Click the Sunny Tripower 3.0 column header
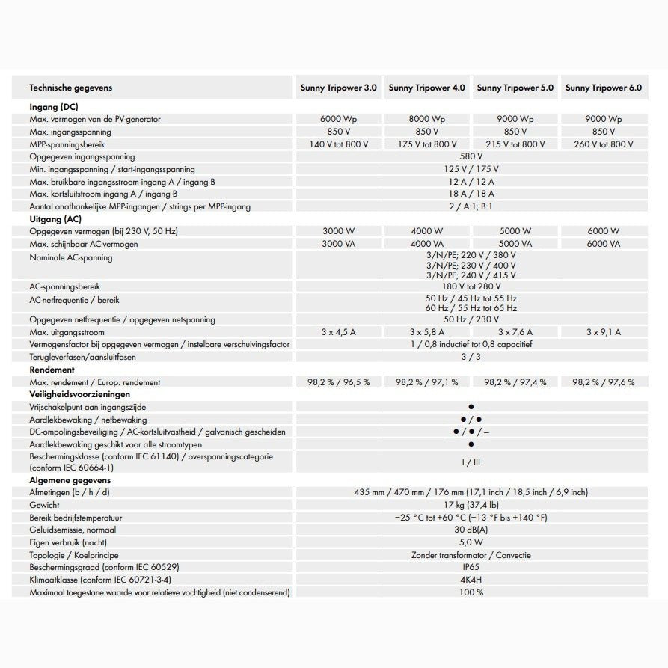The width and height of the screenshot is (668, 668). click(x=338, y=88)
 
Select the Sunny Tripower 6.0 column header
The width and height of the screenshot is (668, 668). click(x=604, y=88)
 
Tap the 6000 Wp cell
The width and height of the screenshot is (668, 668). click(x=338, y=119)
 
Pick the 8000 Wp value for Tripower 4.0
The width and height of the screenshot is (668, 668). click(x=426, y=119)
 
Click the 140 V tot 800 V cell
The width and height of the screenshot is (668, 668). click(x=338, y=144)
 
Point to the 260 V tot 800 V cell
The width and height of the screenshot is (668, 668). click(x=604, y=144)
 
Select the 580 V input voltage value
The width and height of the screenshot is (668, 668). click(x=471, y=157)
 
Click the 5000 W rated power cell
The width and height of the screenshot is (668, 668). click(x=515, y=231)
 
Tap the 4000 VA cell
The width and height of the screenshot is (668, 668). click(x=426, y=244)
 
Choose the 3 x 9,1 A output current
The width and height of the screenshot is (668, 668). click(x=604, y=332)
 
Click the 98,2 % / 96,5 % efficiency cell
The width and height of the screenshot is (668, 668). click(x=338, y=382)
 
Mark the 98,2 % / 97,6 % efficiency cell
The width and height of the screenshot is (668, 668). click(x=604, y=382)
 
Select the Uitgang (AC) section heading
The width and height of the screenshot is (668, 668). click(x=55, y=219)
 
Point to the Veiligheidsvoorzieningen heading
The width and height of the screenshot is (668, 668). click(x=79, y=394)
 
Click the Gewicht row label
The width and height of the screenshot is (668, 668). click(x=44, y=505)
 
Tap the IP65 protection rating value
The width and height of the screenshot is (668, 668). click(x=471, y=567)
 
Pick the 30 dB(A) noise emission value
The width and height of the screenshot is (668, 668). click(x=471, y=530)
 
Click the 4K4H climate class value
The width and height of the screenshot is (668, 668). click(x=471, y=580)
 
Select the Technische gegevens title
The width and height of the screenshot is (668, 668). click(x=70, y=88)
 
